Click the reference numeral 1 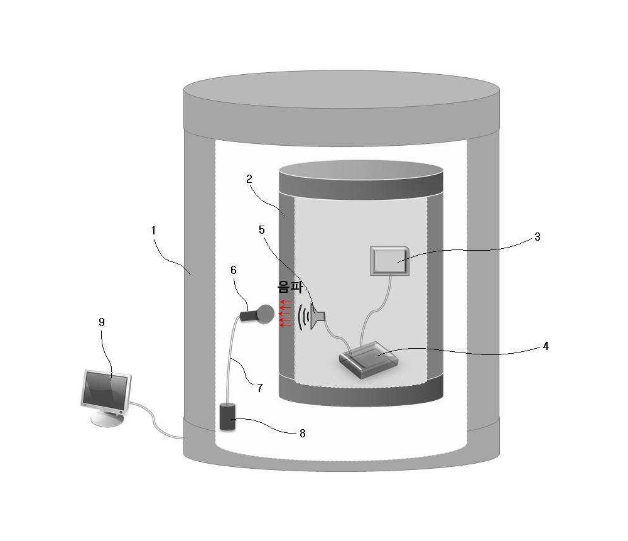click(x=153, y=231)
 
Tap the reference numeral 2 click(x=249, y=179)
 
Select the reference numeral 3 click(x=538, y=237)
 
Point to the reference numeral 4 click(x=546, y=346)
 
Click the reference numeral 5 click(x=261, y=229)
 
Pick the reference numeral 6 click(x=234, y=270)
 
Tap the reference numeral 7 click(x=260, y=388)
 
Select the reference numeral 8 click(x=303, y=433)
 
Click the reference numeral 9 click(x=101, y=322)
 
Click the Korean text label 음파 click(x=290, y=287)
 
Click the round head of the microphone click(x=266, y=314)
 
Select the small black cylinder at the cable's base click(x=227, y=417)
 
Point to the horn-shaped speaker click(x=318, y=316)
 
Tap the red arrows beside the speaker click(x=285, y=314)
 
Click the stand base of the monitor click(x=106, y=418)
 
